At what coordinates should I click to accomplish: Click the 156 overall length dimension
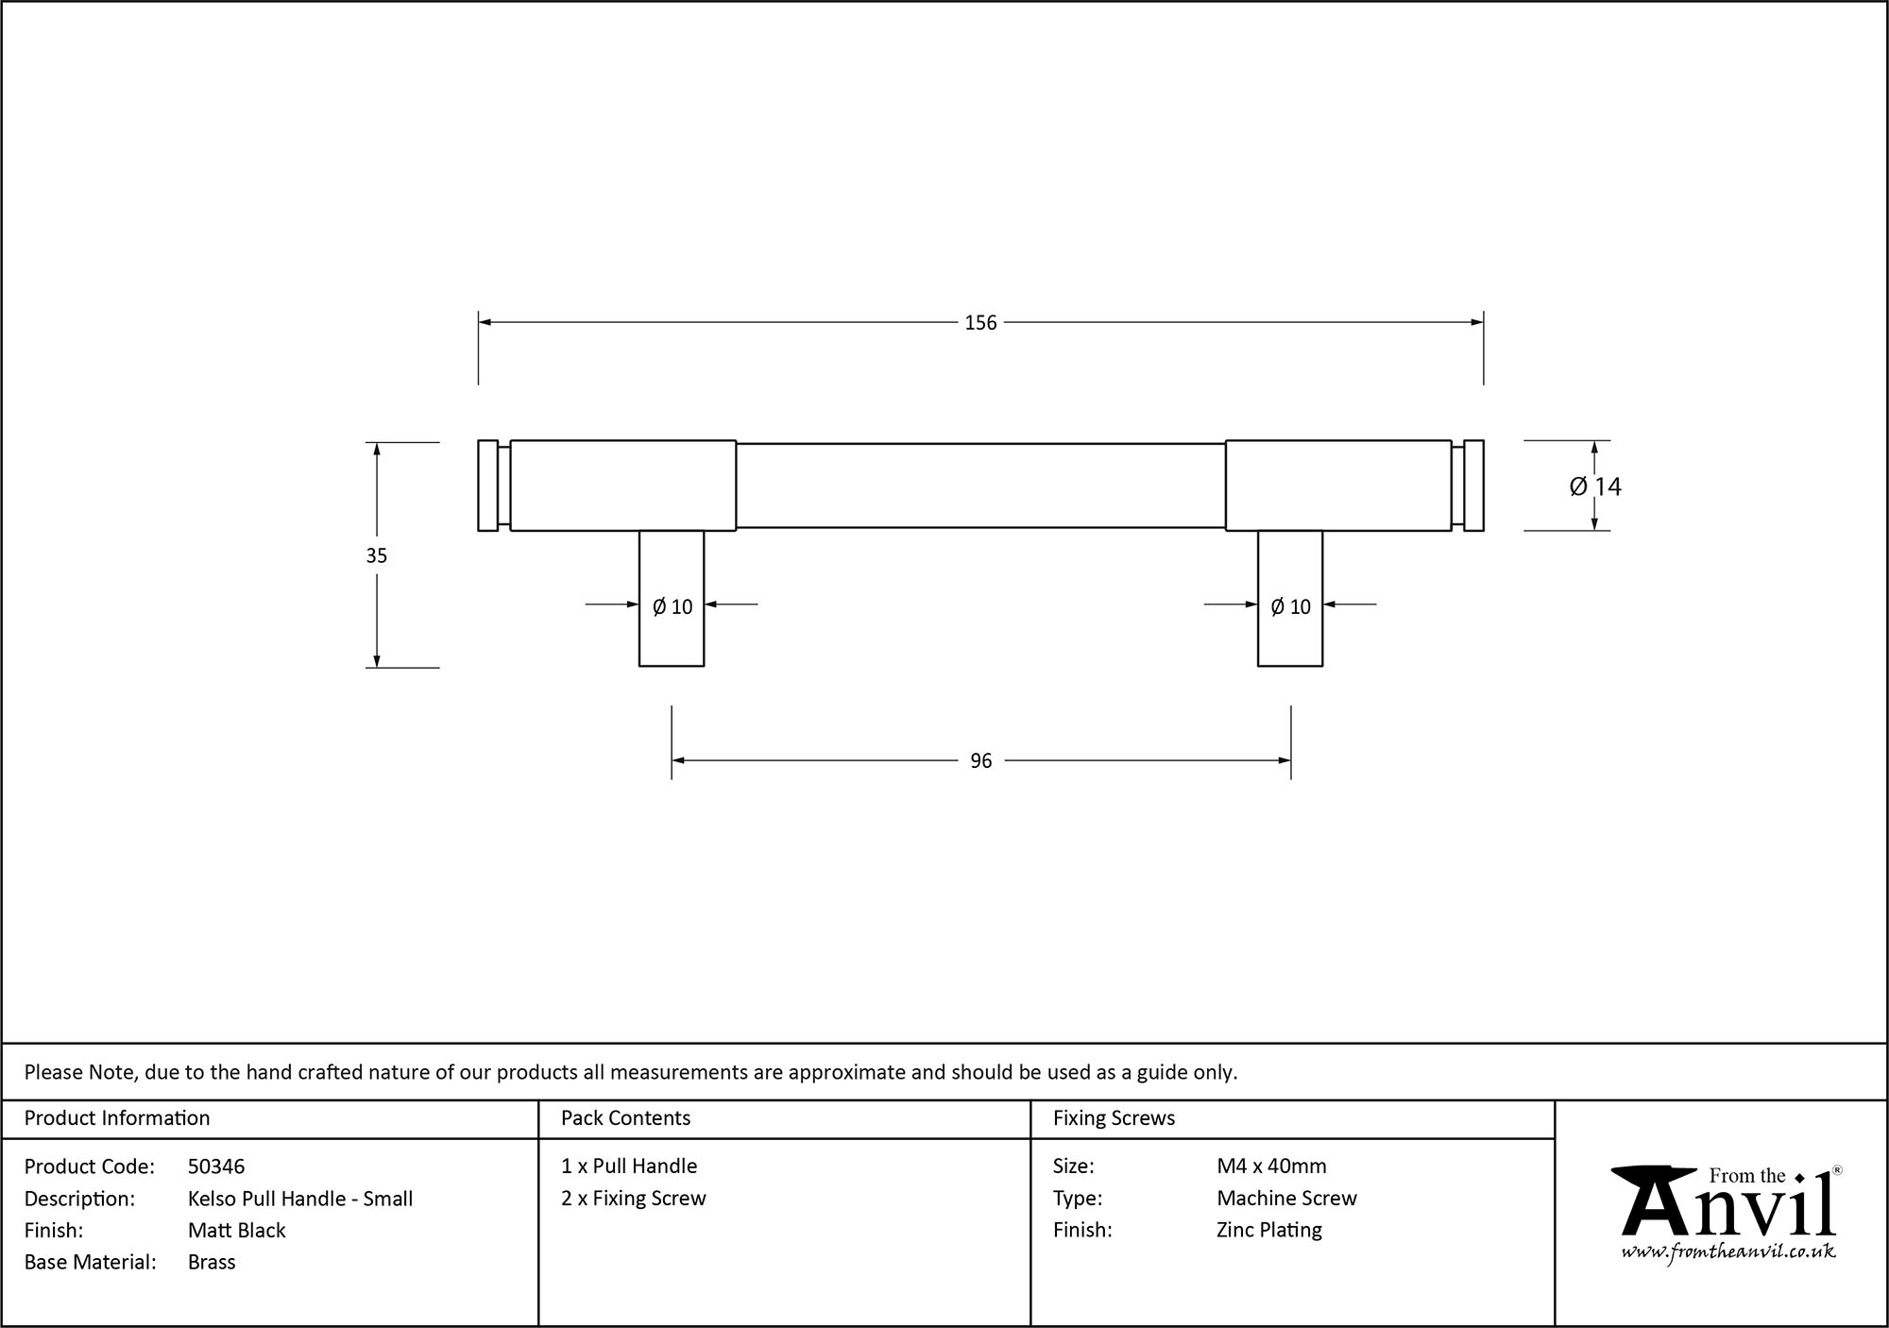coord(980,323)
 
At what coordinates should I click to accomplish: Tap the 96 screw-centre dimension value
coord(980,761)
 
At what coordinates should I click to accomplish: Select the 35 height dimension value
coord(377,555)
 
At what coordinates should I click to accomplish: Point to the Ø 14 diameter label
coord(1595,486)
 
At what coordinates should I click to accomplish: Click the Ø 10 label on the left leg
coord(672,606)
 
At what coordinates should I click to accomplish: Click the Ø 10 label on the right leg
coord(1290,606)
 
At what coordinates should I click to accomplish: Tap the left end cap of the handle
coord(487,485)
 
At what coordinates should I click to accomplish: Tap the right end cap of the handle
coord(1473,485)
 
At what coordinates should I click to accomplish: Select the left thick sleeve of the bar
coord(622,485)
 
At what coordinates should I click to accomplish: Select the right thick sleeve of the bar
coord(1337,485)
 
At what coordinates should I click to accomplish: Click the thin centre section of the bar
coord(980,485)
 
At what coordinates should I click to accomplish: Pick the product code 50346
coord(216,1166)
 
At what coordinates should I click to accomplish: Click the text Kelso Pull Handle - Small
coord(300,1199)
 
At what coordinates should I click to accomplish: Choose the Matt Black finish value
coord(236,1230)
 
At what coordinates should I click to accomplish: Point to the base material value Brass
coord(212,1262)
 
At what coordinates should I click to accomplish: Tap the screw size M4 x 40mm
coord(1271,1166)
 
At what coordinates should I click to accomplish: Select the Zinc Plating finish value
coord(1268,1230)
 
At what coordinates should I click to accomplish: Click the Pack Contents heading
coord(625,1118)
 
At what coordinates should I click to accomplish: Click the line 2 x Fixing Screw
coord(633,1199)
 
